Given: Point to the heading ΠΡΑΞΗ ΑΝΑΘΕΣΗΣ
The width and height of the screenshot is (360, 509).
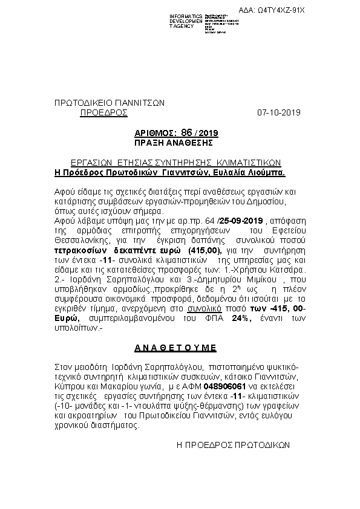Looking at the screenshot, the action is tap(174, 143).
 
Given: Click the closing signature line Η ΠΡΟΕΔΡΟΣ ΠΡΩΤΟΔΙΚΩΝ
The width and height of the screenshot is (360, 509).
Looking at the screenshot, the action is tap(232, 444).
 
